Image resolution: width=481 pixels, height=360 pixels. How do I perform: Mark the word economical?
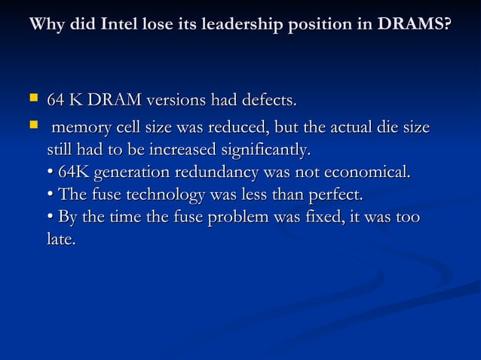pos(366,172)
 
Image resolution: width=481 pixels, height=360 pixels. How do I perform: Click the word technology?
pos(161,196)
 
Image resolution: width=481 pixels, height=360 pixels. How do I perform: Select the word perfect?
pos(335,196)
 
